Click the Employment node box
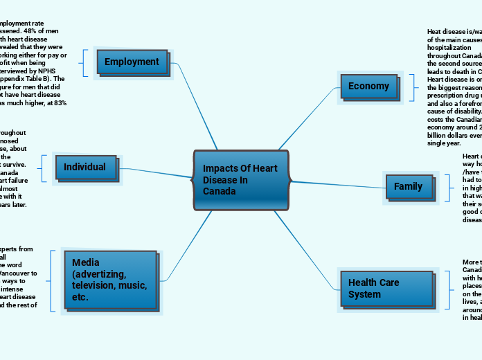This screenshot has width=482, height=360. (x=132, y=62)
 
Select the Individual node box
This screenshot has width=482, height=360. (x=85, y=167)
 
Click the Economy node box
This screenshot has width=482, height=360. (x=368, y=87)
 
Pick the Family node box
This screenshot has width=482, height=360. (x=409, y=187)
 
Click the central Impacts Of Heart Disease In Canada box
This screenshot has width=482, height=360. (x=240, y=180)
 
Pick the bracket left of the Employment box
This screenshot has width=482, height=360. (x=84, y=62)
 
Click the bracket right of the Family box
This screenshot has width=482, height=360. (x=443, y=187)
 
